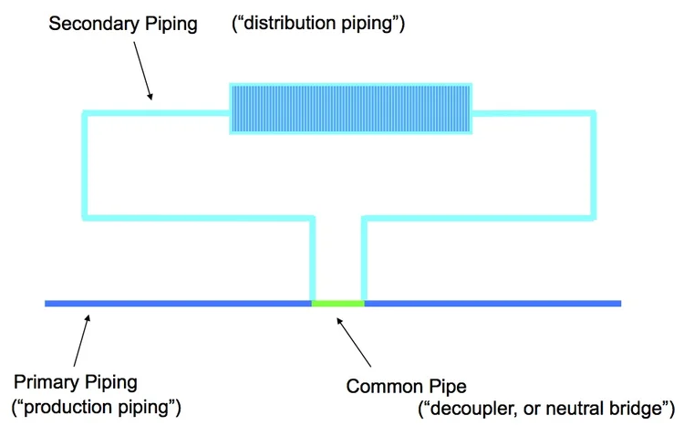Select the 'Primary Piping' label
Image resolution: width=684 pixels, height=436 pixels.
77,380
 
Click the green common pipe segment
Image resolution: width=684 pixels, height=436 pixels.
338,303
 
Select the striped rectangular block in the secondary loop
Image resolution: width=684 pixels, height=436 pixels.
350,110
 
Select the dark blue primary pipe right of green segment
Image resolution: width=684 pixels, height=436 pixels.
492,303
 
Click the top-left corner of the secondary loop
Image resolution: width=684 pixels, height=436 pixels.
85,113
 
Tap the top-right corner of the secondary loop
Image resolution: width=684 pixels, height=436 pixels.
594,113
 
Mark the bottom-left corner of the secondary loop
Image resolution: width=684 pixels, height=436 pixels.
85,218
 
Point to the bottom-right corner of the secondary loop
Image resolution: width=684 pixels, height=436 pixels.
594,218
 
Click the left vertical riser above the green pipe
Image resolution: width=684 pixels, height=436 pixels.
314,260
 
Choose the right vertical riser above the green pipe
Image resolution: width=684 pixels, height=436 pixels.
364,260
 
